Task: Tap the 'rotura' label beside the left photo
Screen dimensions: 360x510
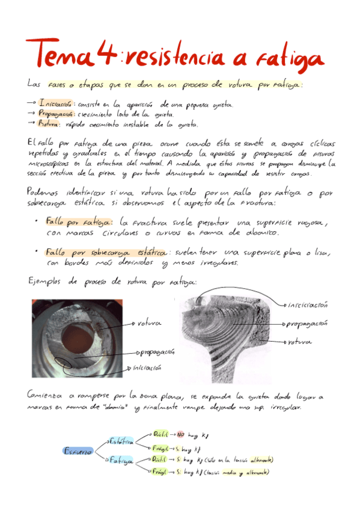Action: pos(150,323)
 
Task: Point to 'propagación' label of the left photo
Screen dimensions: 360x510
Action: pos(157,351)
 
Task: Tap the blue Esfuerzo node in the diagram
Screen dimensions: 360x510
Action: pos(78,450)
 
